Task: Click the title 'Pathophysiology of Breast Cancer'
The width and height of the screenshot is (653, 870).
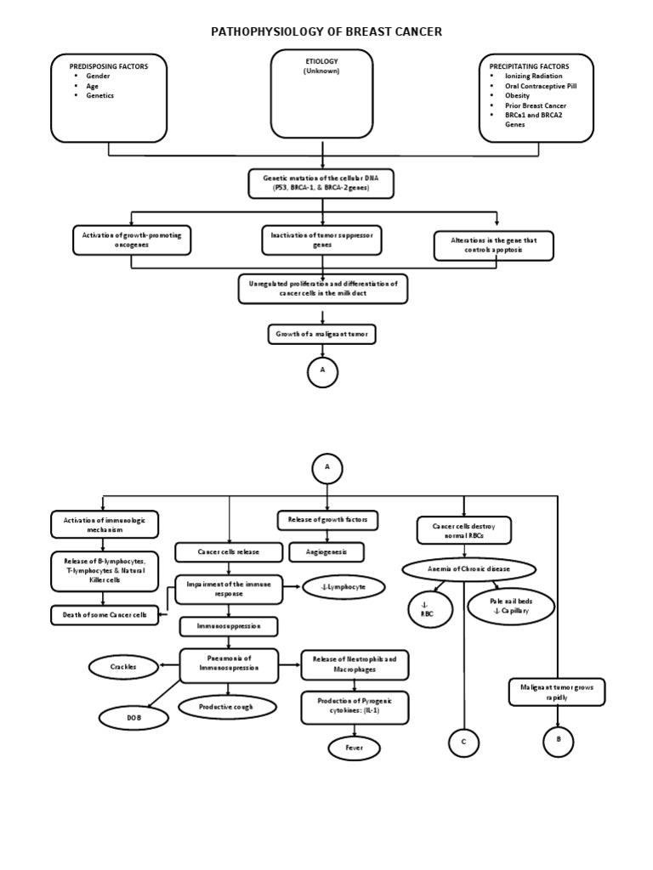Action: click(x=326, y=32)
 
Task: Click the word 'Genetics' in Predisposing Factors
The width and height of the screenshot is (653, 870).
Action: click(x=99, y=96)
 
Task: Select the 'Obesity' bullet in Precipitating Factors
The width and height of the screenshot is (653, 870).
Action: click(x=517, y=96)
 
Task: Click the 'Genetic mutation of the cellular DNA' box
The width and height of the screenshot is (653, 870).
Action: click(x=321, y=183)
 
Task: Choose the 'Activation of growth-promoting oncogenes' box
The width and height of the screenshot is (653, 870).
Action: click(x=132, y=240)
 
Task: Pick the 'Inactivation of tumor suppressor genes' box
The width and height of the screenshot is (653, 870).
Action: click(x=321, y=240)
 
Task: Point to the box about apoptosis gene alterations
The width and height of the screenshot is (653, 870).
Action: click(x=493, y=246)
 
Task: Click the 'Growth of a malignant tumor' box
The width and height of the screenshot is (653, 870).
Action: click(x=321, y=334)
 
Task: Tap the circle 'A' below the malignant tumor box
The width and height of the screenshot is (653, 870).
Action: click(x=322, y=372)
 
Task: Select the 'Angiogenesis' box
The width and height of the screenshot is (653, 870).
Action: click(x=326, y=552)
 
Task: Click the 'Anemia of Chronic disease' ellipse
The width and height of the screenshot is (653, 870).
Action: click(x=469, y=569)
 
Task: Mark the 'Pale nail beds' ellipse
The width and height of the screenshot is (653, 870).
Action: click(x=511, y=606)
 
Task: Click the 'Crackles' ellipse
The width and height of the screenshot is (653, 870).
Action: click(x=123, y=667)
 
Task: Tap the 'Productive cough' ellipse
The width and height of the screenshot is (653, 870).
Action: click(x=227, y=707)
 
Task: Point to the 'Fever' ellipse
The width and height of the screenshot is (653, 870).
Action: click(x=354, y=748)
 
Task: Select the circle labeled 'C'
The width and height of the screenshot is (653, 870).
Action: click(x=463, y=743)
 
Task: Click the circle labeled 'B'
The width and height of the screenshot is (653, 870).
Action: click(x=558, y=741)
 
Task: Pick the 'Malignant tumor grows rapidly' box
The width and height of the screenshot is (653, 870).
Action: click(x=557, y=692)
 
